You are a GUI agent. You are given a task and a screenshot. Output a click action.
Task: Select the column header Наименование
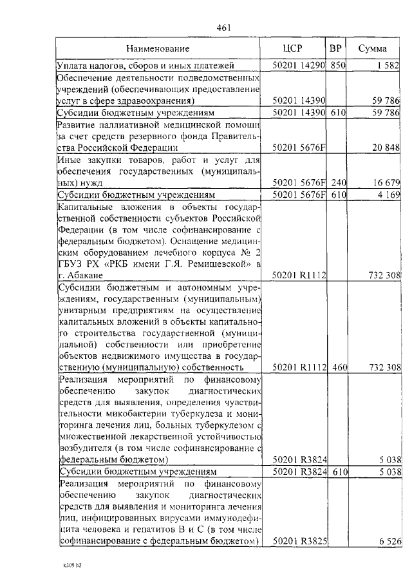[158, 49]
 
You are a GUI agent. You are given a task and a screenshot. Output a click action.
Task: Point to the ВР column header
[335, 49]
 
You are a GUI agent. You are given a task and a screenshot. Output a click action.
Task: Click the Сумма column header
[372, 49]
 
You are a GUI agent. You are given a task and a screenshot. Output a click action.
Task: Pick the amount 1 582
[388, 65]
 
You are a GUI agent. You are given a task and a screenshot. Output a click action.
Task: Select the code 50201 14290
[299, 65]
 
